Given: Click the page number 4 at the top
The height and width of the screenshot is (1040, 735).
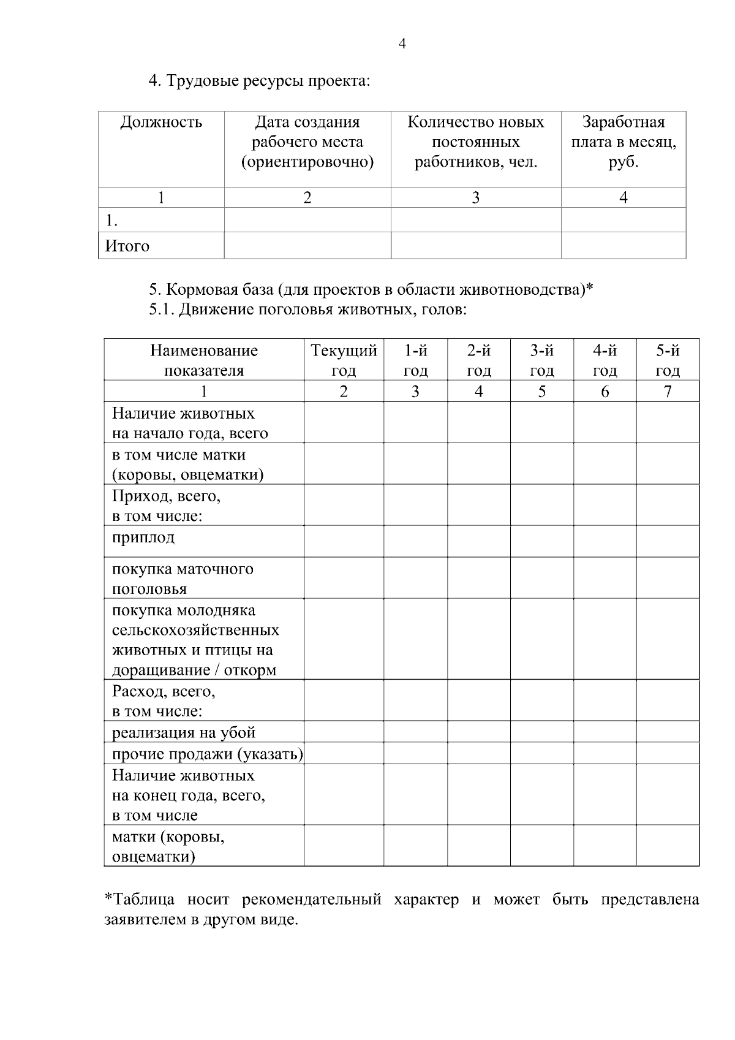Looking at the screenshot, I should pyautogui.click(x=402, y=44).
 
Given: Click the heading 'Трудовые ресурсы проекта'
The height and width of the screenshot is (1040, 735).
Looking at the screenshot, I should pyautogui.click(x=260, y=81).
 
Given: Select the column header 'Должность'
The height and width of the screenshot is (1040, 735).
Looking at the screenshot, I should pyautogui.click(x=161, y=122).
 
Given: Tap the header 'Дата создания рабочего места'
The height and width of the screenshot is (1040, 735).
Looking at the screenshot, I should pyautogui.click(x=307, y=142).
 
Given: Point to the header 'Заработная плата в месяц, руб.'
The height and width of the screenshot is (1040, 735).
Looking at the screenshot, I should pyautogui.click(x=623, y=142).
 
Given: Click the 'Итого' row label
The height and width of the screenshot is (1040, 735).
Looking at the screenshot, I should pyautogui.click(x=127, y=246).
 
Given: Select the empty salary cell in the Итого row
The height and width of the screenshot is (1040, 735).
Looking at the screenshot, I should pyautogui.click(x=623, y=246).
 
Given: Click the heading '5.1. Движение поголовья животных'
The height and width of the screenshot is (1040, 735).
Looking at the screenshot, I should pyautogui.click(x=308, y=309).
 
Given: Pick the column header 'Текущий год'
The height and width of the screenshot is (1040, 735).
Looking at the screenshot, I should pyautogui.click(x=344, y=360).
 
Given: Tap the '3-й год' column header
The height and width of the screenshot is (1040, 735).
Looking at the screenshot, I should pyautogui.click(x=541, y=360).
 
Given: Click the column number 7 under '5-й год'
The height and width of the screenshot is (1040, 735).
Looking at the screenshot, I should pyautogui.click(x=668, y=391).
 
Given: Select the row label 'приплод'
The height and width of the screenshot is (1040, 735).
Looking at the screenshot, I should pyautogui.click(x=143, y=537).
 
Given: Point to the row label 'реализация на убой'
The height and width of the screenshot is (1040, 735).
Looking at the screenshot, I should pyautogui.click(x=184, y=732).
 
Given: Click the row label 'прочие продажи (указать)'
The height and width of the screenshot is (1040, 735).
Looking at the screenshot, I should pyautogui.click(x=207, y=754).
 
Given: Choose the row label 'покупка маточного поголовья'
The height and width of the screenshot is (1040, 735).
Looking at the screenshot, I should pyautogui.click(x=182, y=579).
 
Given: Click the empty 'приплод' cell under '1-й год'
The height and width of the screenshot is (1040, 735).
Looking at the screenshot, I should pyautogui.click(x=415, y=541).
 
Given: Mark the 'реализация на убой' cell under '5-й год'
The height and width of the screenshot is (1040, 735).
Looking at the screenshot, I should pyautogui.click(x=668, y=732).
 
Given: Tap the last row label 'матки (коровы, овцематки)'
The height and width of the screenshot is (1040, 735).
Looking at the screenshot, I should pyautogui.click(x=168, y=846).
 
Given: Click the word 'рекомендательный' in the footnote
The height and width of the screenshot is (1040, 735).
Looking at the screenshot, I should pyautogui.click(x=312, y=900).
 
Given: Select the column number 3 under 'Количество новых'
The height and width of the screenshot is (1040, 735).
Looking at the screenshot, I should pyautogui.click(x=475, y=197).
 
